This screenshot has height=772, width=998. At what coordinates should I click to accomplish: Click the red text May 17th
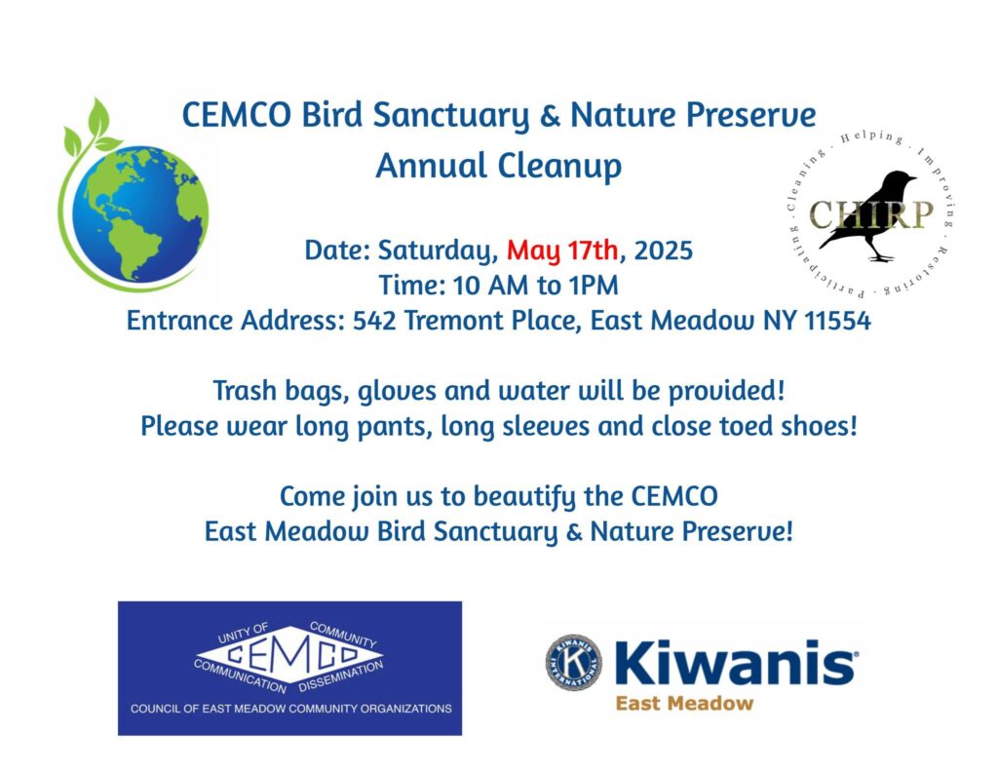point(562,251)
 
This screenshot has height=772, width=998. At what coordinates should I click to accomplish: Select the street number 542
point(374,320)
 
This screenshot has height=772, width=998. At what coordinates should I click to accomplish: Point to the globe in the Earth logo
point(140,213)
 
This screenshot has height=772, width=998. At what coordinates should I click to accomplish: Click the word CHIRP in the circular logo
point(870,214)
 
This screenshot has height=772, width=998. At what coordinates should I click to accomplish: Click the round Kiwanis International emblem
point(573,662)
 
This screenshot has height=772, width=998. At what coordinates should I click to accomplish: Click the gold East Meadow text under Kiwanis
point(684,703)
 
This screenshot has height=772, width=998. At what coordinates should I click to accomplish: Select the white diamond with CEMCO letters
point(289,655)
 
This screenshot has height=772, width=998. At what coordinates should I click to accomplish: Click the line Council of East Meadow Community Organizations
point(290,709)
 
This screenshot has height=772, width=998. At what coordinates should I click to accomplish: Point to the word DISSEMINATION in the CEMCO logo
point(341,675)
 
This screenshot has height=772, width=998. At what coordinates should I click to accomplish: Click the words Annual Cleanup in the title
point(498,166)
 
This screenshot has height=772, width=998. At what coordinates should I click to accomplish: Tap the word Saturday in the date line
point(438,251)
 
